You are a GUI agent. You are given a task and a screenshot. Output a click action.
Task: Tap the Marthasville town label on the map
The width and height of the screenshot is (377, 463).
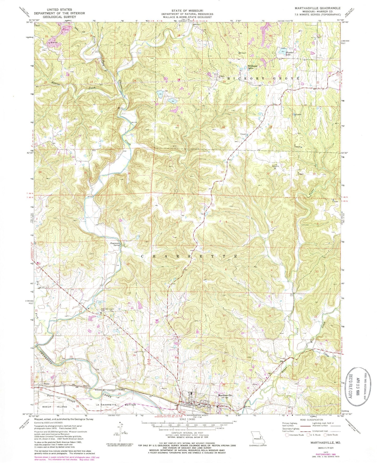tap(225, 395)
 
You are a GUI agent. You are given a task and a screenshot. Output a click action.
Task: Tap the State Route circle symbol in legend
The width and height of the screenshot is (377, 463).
tap(325, 435)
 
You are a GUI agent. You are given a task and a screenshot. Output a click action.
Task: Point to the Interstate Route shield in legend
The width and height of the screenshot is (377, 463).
tap(287, 435)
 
